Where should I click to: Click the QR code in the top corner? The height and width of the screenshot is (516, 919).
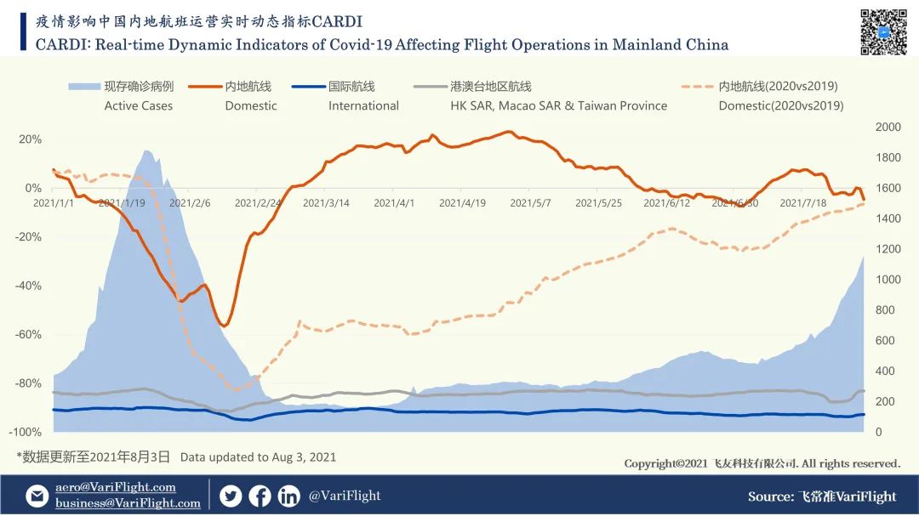pos(883,31)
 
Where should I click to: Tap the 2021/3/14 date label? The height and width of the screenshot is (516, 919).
pos(326,203)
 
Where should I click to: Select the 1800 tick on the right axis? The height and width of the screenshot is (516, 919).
pos(888,157)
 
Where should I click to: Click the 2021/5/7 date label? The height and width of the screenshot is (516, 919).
pos(529,203)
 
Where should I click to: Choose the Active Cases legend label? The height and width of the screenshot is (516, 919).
pos(138,105)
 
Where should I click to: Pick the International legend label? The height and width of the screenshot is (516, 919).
pos(363,105)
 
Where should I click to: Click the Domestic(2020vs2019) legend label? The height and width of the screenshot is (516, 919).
pos(780,105)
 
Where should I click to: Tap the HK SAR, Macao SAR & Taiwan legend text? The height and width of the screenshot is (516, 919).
pos(558,105)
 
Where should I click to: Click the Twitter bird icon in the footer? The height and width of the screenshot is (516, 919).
pos(231,496)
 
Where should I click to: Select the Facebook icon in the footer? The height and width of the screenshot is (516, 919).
pos(260,496)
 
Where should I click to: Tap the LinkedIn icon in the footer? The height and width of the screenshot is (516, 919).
pos(288,496)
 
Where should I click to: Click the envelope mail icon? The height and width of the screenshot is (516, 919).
pos(37,496)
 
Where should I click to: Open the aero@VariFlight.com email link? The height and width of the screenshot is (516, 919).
pos(116,487)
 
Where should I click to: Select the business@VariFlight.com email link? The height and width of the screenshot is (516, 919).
pos(128,503)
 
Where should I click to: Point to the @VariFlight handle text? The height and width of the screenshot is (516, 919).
pos(345,496)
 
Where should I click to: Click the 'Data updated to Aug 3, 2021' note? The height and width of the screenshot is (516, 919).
pos(258,456)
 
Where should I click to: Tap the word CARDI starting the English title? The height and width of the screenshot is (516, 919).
pos(59,44)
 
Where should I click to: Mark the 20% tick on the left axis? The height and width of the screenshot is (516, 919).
pos(31,139)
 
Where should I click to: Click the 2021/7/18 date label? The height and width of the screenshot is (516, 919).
pos(802,203)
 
